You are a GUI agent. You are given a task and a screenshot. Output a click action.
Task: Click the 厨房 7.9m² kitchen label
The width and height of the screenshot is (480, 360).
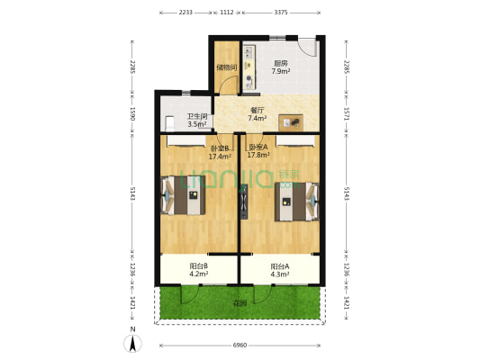pyautogui.click(x=280, y=67)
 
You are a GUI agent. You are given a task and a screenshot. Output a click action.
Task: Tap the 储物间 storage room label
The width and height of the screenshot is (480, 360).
pyautogui.click(x=226, y=67)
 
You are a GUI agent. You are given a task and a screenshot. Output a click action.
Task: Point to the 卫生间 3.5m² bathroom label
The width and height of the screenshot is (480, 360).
pyautogui.click(x=196, y=121)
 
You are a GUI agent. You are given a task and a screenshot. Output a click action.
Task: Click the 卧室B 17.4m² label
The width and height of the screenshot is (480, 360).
pyautogui.click(x=221, y=152)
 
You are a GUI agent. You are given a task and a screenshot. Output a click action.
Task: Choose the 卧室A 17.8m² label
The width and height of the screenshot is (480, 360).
pyautogui.click(x=259, y=151)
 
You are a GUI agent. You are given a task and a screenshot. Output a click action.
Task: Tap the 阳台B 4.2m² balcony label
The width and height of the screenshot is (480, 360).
pyautogui.click(x=199, y=270)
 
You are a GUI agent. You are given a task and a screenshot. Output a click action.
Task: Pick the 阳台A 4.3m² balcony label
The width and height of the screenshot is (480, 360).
pyautogui.click(x=279, y=270)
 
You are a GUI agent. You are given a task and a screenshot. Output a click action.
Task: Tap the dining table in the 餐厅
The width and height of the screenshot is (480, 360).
pyautogui.click(x=292, y=121)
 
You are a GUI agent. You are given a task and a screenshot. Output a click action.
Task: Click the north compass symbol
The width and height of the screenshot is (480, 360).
pyautogui.click(x=132, y=341)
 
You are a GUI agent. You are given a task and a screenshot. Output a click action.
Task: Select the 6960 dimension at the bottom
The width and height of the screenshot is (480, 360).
pyautogui.click(x=240, y=346)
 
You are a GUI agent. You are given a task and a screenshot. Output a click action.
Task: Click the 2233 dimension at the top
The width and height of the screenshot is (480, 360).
pyautogui.click(x=186, y=13)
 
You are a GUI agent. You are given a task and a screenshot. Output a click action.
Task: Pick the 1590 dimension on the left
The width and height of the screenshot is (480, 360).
pyautogui.click(x=132, y=113)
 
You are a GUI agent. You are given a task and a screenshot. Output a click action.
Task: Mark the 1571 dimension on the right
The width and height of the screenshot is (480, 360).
pyautogui.click(x=347, y=113)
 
